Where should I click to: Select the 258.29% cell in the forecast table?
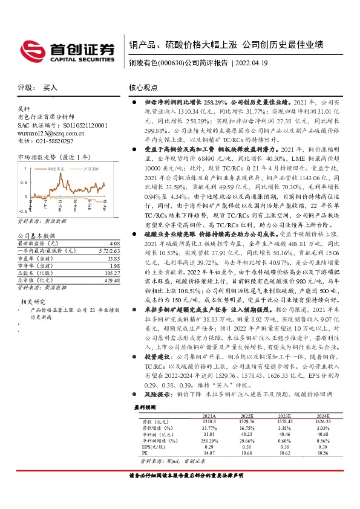[x=209, y=441]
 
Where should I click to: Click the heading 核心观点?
[x=143, y=88]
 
